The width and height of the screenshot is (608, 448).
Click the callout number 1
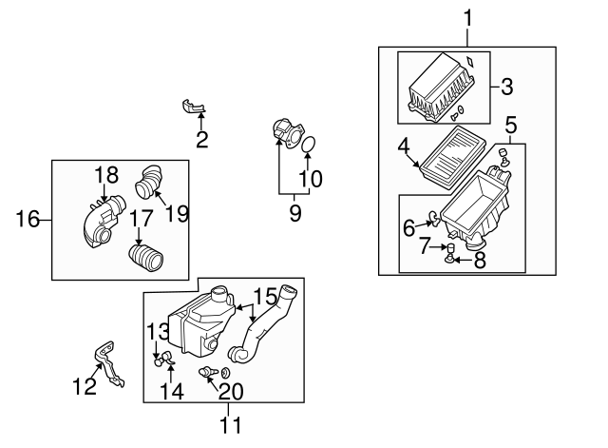(466, 16)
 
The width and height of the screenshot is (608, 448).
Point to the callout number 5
(510, 124)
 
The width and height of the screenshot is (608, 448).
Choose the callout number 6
(409, 227)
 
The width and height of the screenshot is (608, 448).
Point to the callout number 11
(231, 424)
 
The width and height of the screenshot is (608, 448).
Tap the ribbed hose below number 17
(145, 256)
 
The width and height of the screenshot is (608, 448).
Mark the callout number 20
(231, 390)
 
